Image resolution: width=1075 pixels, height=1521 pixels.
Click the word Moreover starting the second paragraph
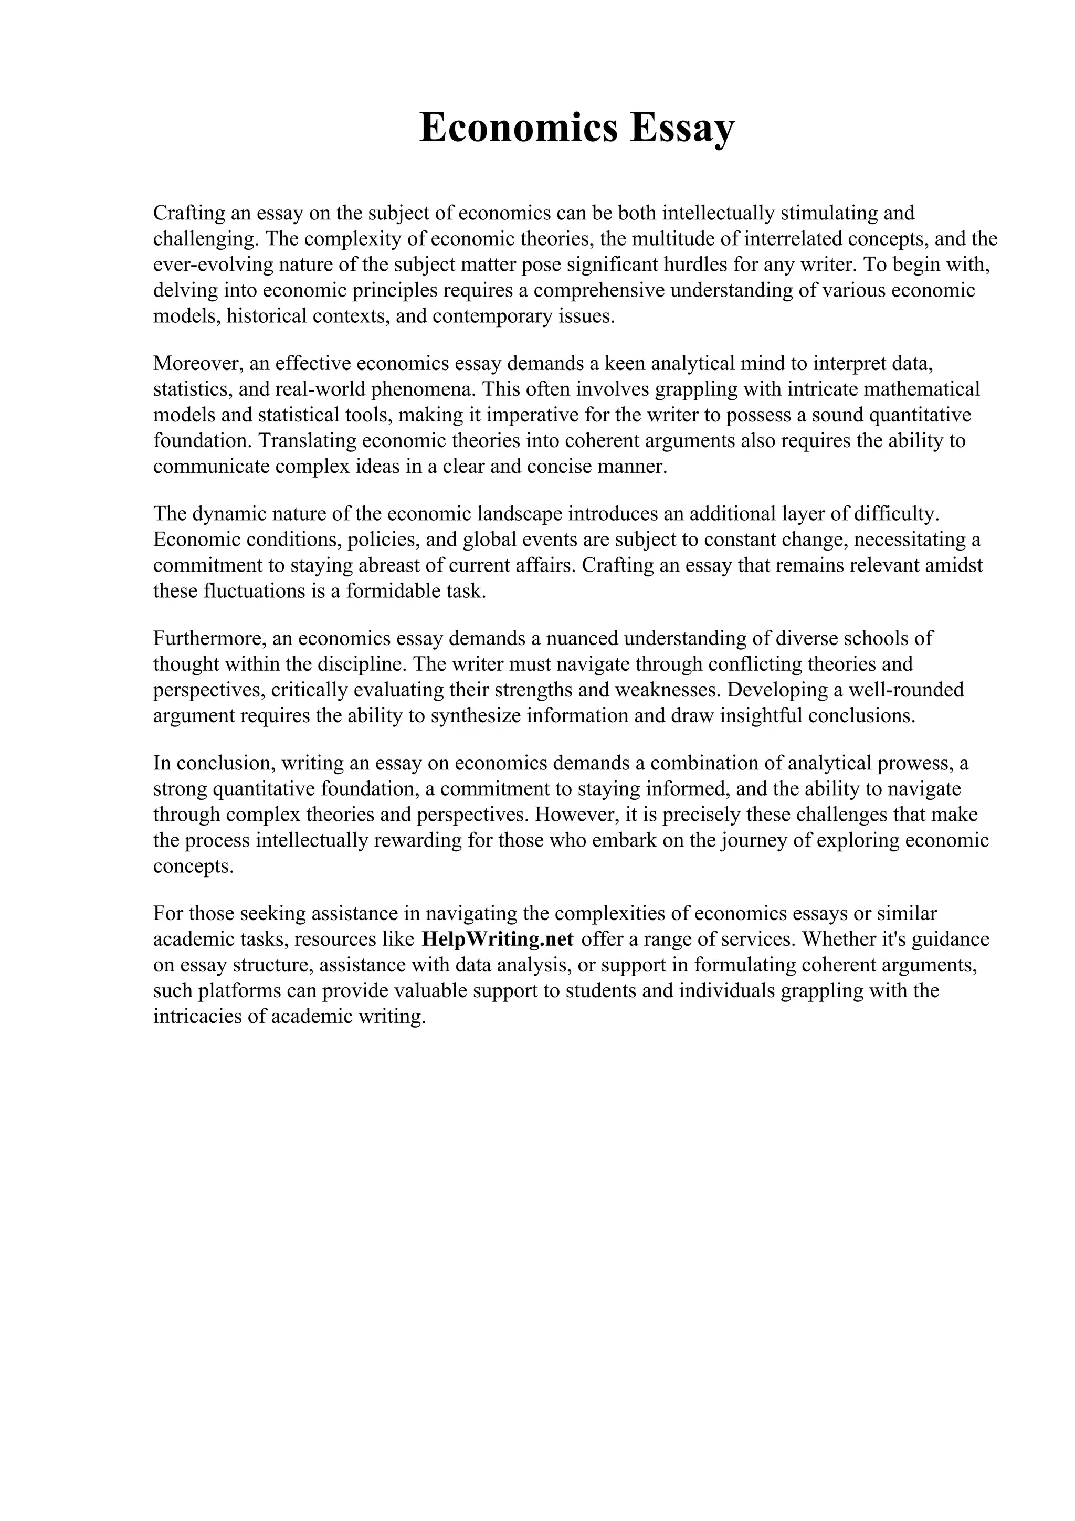(198, 363)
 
